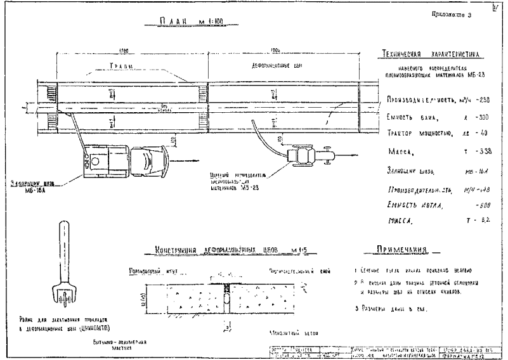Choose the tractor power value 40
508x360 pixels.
click(484, 133)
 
